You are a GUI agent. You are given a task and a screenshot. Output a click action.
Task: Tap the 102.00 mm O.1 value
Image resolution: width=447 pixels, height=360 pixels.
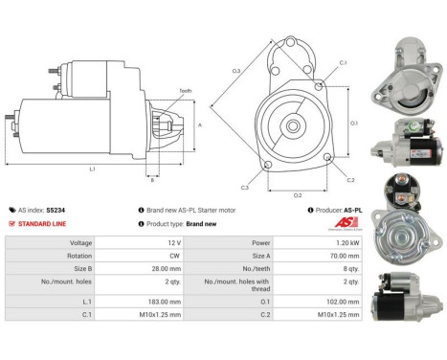347,301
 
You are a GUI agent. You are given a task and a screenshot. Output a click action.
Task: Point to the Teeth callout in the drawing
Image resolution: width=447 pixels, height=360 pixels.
185,90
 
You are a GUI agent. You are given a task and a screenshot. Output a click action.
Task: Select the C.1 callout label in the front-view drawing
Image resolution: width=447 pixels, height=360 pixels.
343,63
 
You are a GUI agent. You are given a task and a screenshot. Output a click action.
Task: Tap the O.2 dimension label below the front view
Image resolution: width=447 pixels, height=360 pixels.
298,194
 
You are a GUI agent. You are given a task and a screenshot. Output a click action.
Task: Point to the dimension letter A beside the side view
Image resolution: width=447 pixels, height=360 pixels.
199,124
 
